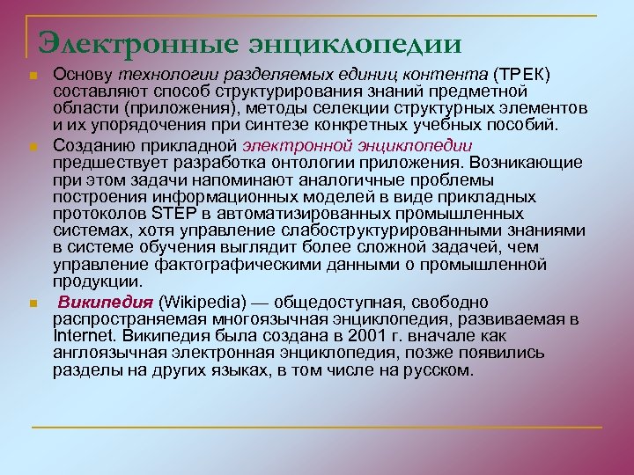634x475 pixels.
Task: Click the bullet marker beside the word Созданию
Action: [32, 147]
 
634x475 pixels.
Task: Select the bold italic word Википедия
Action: [93, 303]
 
